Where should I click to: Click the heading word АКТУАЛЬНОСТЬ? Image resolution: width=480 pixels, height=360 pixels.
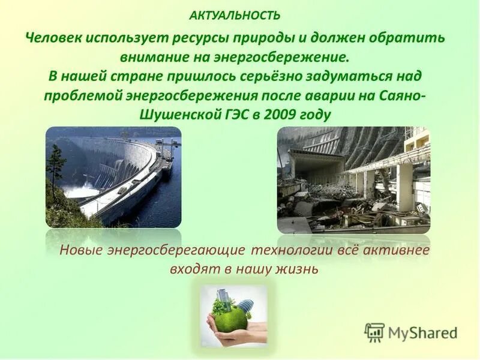(x=235, y=14)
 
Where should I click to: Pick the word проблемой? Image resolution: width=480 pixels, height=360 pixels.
(x=80, y=96)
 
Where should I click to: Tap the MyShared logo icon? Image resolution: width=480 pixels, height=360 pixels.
(x=374, y=332)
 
